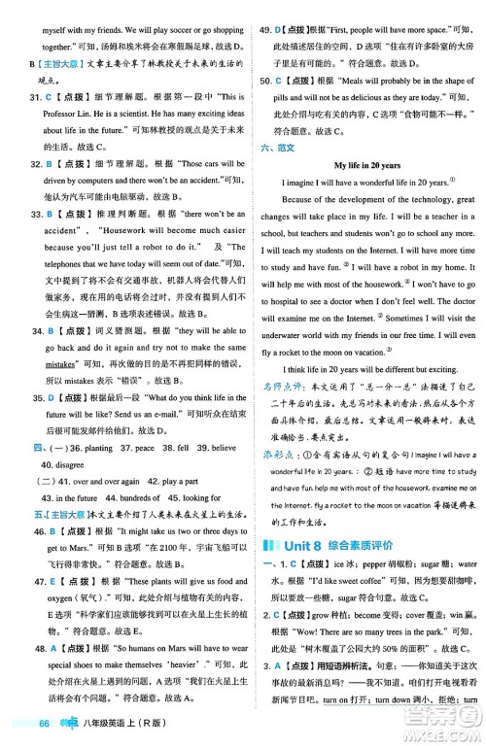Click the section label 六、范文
coord(276,146)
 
